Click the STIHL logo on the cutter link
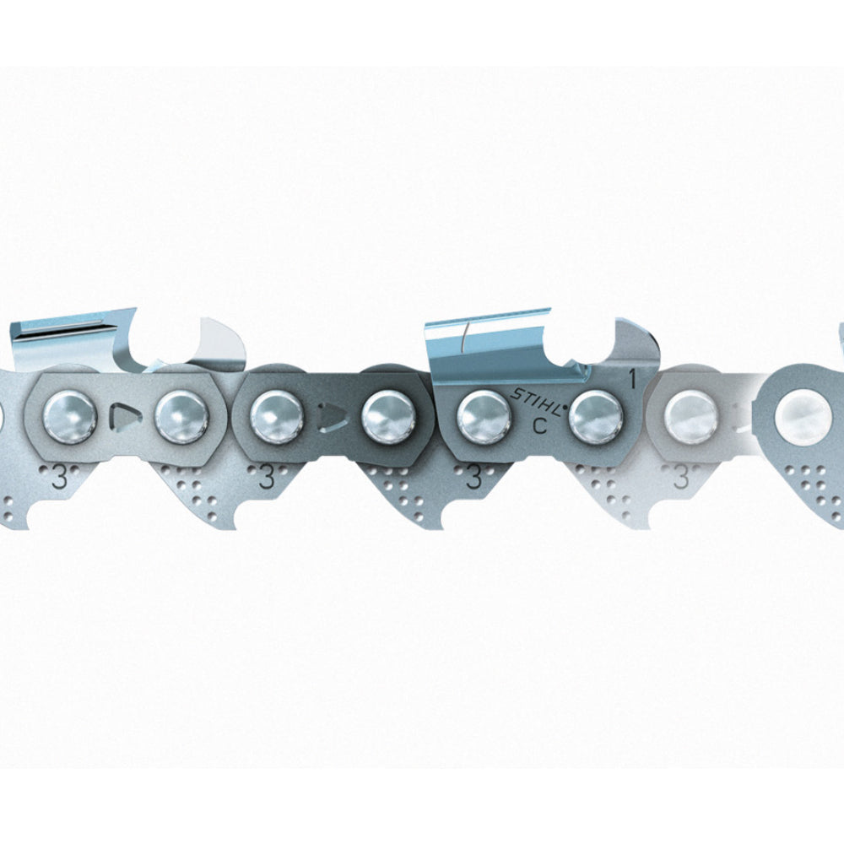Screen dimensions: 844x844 coord(539,401)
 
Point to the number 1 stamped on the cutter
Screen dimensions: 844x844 coord(633,380)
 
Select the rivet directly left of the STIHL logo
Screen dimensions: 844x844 coord(484,418)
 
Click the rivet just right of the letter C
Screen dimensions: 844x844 coord(595,418)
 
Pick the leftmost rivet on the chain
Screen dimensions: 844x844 coord(70,418)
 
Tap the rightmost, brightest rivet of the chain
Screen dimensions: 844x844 coord(803,416)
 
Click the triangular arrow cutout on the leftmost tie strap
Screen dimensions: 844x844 coord(126,417)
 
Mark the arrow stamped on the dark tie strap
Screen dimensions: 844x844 coord(332,417)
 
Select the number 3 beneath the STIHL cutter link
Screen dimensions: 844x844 coord(473,477)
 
